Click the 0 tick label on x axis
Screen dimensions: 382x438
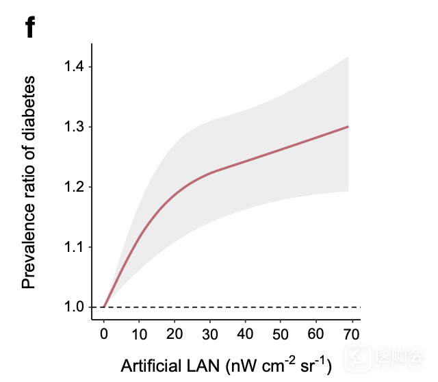point(104,333)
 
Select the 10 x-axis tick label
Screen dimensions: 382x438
point(139,333)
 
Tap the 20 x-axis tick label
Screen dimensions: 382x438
point(175,333)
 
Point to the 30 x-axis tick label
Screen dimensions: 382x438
point(209,333)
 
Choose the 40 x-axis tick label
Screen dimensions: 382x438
point(245,333)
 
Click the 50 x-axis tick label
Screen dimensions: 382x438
point(280,333)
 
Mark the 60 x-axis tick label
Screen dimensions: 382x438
point(315,333)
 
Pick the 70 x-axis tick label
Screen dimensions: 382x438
point(350,333)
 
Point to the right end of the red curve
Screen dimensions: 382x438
point(348,127)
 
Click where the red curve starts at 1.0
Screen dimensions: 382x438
point(104,307)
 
